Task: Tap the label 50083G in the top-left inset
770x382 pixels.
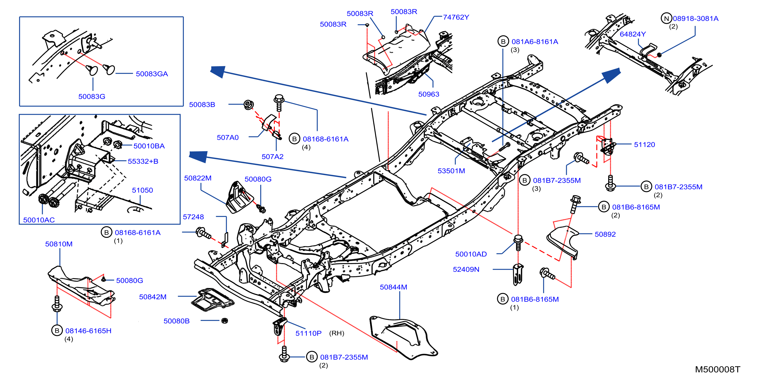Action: click(92, 96)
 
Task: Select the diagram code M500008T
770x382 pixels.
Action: click(717, 369)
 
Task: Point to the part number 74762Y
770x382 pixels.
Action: click(456, 17)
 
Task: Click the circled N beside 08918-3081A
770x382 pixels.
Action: click(666, 19)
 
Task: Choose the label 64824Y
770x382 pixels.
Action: click(633, 34)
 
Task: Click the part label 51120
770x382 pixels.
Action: click(644, 144)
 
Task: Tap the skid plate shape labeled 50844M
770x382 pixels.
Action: click(403, 337)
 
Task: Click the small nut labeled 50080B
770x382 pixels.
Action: click(225, 320)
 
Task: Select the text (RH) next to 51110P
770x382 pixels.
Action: click(337, 333)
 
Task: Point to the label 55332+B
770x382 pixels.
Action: click(143, 161)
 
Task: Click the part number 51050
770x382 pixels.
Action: click(142, 190)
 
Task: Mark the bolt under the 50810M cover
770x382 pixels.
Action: click(57, 304)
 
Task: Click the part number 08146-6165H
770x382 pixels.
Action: click(88, 331)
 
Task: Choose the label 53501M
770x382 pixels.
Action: click(451, 171)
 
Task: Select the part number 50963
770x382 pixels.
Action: click(429, 94)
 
